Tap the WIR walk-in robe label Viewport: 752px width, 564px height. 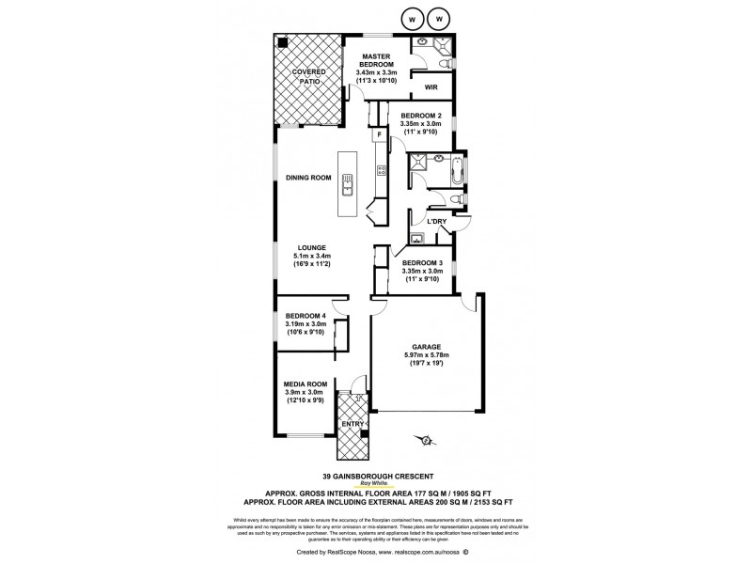point(432,87)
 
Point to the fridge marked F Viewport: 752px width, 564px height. point(379,135)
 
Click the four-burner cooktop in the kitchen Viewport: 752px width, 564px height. point(383,170)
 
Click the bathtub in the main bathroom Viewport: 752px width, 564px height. point(456,172)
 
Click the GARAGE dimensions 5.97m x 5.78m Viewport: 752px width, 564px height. point(426,354)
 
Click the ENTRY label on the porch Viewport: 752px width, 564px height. point(352,424)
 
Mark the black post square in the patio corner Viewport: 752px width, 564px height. point(280,41)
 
